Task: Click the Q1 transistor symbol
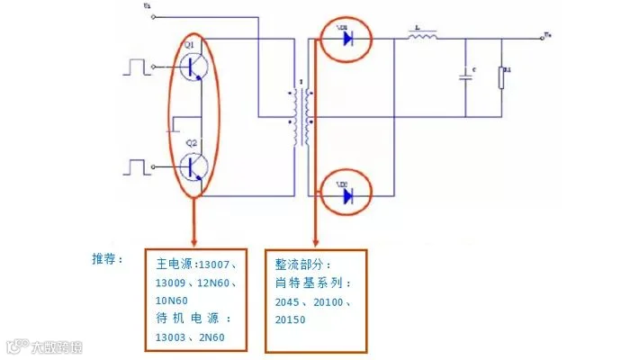(x=194, y=66)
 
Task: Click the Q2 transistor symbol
(x=194, y=166)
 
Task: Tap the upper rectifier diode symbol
(x=346, y=38)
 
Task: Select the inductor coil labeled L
(x=423, y=38)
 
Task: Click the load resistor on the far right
(x=503, y=77)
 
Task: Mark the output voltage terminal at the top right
(x=546, y=37)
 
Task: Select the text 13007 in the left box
(x=217, y=265)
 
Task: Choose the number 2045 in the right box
(x=292, y=301)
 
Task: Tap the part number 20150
(x=292, y=319)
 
